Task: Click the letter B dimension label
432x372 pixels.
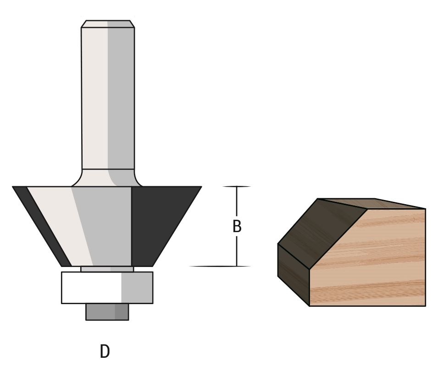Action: pos(237,227)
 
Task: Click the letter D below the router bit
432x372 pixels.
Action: pos(105,351)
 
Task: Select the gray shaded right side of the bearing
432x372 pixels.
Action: pos(137,288)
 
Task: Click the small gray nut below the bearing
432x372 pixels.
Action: pos(107,312)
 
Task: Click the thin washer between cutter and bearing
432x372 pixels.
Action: pos(107,269)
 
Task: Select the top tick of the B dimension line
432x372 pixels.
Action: pos(237,187)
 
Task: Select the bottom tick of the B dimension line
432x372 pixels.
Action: pos(237,266)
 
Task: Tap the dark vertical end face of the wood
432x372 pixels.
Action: pos(294,275)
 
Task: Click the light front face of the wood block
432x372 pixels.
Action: pos(371,261)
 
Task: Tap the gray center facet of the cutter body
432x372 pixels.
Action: pos(105,225)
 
